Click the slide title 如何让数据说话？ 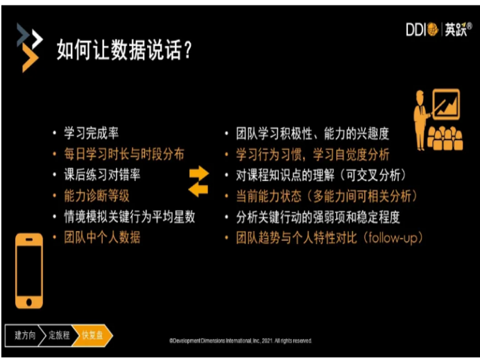[x=124, y=49]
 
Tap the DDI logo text [x=415, y=30]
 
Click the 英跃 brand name [x=456, y=30]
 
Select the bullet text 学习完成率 [x=91, y=133]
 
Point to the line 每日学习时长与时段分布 [x=124, y=154]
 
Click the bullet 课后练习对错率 [x=102, y=175]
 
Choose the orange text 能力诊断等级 [x=96, y=196]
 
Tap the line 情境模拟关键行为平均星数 [x=130, y=216]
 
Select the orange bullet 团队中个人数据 [x=102, y=237]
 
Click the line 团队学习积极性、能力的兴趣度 [x=312, y=134]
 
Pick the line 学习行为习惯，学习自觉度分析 [x=312, y=154]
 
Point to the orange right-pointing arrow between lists [x=199, y=173]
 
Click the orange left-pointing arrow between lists [x=198, y=190]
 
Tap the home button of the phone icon [x=29, y=302]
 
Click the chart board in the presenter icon [x=446, y=104]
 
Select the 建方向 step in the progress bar [x=24, y=336]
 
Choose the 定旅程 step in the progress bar [x=59, y=336]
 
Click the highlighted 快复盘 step [x=92, y=336]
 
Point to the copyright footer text [x=241, y=341]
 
